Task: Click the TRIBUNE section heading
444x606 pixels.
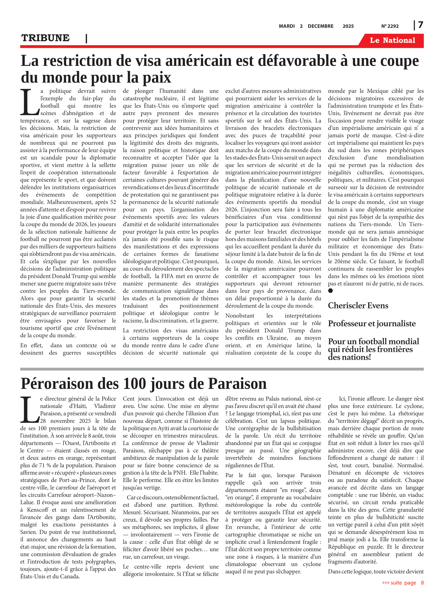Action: point(45,38)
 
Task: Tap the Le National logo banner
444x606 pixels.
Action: point(392,40)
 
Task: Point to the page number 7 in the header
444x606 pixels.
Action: point(420,25)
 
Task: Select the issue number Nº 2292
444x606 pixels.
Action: point(390,26)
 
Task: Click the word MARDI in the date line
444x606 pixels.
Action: point(287,26)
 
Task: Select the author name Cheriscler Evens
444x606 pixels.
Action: point(358,306)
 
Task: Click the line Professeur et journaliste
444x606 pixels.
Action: point(372,323)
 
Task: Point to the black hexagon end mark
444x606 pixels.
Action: point(331,290)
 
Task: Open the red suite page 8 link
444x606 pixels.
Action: point(403,583)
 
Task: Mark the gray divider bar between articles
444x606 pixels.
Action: point(222,369)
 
